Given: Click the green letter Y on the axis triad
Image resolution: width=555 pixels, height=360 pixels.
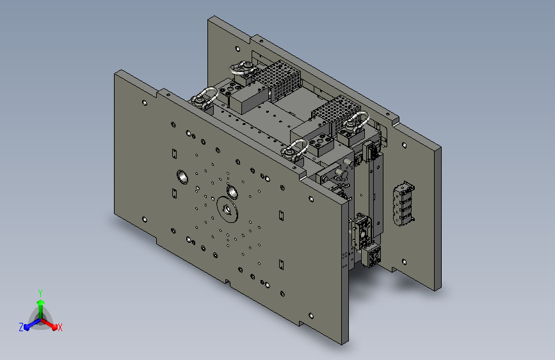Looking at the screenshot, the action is (x=40, y=293).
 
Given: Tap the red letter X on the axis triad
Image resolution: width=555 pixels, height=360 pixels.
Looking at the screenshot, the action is (x=60, y=327).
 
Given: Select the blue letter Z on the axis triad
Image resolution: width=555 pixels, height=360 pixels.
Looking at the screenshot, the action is (x=21, y=327).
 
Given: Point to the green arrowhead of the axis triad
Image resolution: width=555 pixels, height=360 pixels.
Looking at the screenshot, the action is (x=41, y=303).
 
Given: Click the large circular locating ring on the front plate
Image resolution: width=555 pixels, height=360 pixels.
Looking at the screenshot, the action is (x=227, y=209).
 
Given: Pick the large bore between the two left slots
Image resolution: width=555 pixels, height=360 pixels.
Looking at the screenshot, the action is (x=182, y=177).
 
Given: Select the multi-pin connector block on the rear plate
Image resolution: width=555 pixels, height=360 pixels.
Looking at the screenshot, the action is (x=404, y=204).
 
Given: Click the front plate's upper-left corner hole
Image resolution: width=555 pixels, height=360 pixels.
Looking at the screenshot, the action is (x=145, y=102).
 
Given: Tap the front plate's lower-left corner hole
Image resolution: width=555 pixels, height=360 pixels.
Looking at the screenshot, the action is (x=145, y=220).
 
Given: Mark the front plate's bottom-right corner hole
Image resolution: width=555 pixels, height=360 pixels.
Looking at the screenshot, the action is (x=311, y=315).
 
